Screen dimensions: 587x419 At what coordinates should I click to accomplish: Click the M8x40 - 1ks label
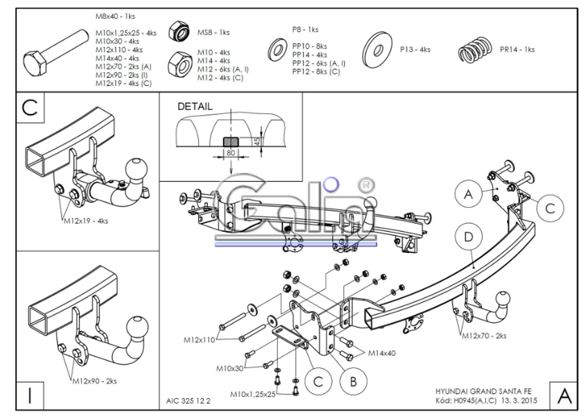click(x=115, y=16)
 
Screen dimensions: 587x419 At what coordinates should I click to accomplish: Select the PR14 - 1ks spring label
click(x=517, y=49)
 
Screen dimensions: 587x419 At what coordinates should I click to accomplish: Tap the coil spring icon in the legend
click(x=474, y=50)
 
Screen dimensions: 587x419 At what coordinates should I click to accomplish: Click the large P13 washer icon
click(x=377, y=49)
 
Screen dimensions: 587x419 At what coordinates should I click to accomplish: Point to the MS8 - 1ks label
click(x=214, y=32)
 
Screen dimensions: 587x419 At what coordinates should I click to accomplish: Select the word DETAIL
click(x=195, y=106)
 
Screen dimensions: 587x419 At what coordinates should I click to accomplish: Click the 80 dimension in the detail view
click(x=231, y=153)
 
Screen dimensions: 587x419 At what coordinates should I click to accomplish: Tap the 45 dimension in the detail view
click(x=257, y=142)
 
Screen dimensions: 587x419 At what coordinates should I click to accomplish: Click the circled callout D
click(x=468, y=237)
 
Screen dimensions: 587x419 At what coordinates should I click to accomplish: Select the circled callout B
click(x=353, y=381)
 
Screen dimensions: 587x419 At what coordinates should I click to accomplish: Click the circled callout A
click(x=468, y=194)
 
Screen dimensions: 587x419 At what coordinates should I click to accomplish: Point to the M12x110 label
click(x=199, y=340)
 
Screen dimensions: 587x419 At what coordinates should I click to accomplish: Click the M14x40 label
click(x=382, y=353)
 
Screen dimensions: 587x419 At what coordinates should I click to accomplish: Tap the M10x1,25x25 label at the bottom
click(x=252, y=394)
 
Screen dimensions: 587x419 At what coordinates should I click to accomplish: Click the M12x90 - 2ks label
click(x=95, y=381)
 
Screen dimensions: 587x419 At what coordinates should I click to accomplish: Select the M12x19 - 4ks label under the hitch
click(x=86, y=221)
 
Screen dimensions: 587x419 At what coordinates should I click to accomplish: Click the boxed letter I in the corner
click(x=30, y=396)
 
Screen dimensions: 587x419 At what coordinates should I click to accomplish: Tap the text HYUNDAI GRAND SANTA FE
click(x=483, y=391)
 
